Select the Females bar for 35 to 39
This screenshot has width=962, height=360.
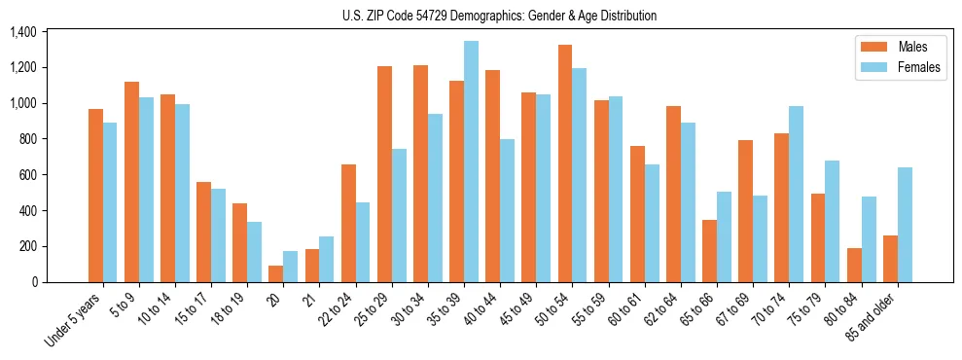tap(471, 162)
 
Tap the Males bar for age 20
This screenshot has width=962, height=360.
tap(276, 273)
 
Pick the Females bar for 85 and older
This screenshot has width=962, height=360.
tap(905, 225)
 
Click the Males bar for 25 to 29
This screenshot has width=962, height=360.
tap(384, 174)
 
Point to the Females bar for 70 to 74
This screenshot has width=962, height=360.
tap(797, 194)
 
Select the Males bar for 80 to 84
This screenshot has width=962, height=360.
tap(854, 265)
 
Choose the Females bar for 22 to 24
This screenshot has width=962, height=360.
tap(363, 242)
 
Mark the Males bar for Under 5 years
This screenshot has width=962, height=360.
tap(95, 196)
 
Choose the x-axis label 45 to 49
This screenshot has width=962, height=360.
tap(513, 309)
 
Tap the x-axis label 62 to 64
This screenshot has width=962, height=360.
tap(657, 309)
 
